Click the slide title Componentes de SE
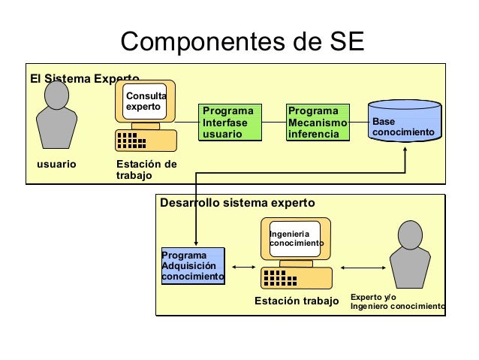[x=242, y=43]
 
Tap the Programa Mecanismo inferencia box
[x=318, y=123]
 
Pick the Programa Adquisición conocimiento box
[x=193, y=267]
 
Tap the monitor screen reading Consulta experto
[x=146, y=102]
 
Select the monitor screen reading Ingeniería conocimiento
[x=295, y=238]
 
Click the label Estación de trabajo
[x=146, y=170]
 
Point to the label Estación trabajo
[x=297, y=302]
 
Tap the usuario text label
[x=57, y=164]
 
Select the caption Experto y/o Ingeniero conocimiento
[x=397, y=302]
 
